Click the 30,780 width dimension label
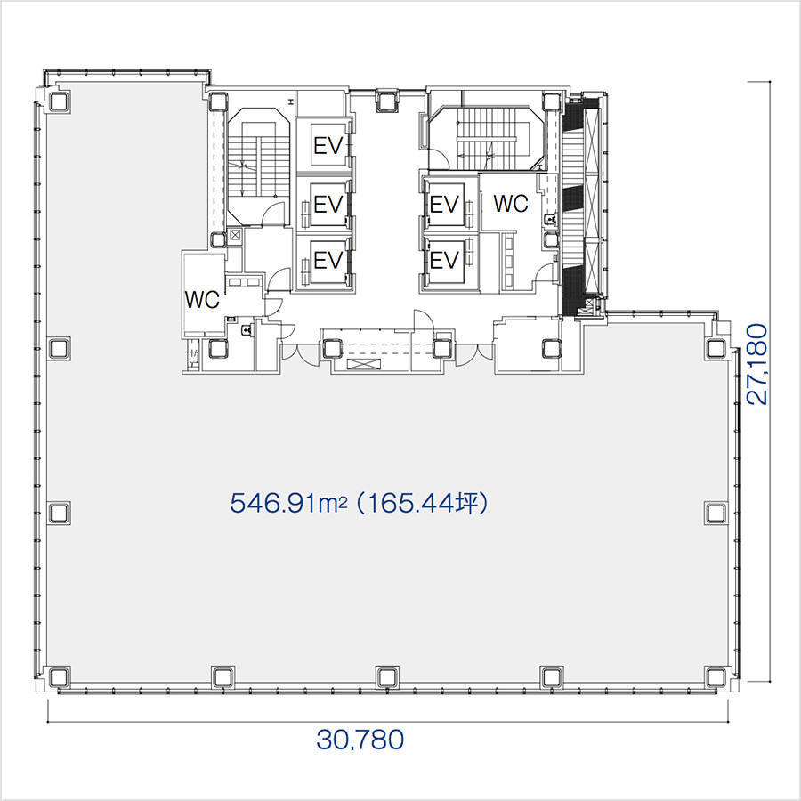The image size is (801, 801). tap(360, 740)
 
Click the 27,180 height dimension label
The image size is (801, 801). tap(757, 364)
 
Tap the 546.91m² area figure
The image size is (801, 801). tap(288, 503)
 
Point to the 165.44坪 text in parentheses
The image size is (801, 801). tap(424, 503)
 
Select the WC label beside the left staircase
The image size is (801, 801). tap(202, 300)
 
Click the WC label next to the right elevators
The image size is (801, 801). tap(510, 203)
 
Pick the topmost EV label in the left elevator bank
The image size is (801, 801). tap(328, 146)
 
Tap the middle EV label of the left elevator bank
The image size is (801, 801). tap(328, 205)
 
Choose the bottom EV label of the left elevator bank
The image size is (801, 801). tap(328, 260)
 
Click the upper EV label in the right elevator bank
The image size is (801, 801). tap(444, 205)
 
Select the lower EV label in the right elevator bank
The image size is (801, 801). tap(444, 260)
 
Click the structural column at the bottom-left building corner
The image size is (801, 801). tap(59, 677)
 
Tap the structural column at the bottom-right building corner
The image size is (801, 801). tap(716, 677)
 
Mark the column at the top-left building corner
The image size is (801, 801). tap(59, 101)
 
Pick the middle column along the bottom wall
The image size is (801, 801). tap(387, 677)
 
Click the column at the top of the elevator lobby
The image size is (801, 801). tap(387, 100)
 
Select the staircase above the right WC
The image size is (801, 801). tap(487, 137)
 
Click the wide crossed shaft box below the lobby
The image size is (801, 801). tap(364, 364)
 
